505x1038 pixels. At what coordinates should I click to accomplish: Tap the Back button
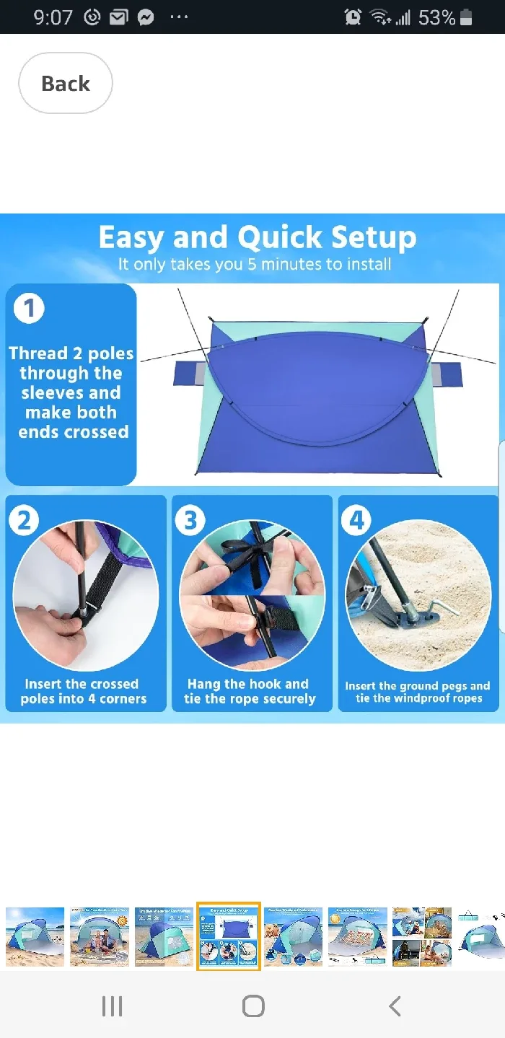click(65, 83)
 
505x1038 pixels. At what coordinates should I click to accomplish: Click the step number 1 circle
click(29, 308)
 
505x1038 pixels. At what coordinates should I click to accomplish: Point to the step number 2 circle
click(24, 519)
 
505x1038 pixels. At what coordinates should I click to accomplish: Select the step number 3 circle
click(190, 519)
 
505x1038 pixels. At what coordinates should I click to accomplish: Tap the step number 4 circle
click(356, 519)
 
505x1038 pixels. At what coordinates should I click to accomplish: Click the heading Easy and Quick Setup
click(257, 237)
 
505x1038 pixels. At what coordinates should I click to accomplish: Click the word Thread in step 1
click(38, 353)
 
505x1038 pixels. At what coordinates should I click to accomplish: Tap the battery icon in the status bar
click(466, 17)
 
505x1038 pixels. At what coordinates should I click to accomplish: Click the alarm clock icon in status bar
click(353, 17)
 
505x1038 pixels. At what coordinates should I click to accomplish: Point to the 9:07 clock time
click(53, 17)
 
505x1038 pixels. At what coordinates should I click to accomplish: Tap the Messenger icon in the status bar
click(146, 17)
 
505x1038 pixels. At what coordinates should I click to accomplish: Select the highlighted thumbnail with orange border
click(228, 936)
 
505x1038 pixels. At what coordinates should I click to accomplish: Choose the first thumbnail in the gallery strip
click(35, 936)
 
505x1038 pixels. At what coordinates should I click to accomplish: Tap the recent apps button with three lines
click(112, 1006)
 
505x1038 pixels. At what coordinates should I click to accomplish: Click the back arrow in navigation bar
click(394, 1006)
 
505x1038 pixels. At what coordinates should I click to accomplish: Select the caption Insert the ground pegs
click(417, 686)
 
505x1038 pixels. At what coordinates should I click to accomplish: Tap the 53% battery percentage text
click(436, 17)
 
